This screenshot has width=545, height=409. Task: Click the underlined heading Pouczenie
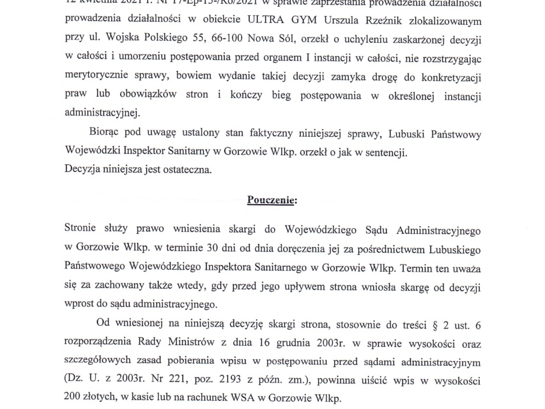pyautogui.click(x=272, y=199)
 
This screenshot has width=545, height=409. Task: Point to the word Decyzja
pyautogui.click(x=86, y=171)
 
